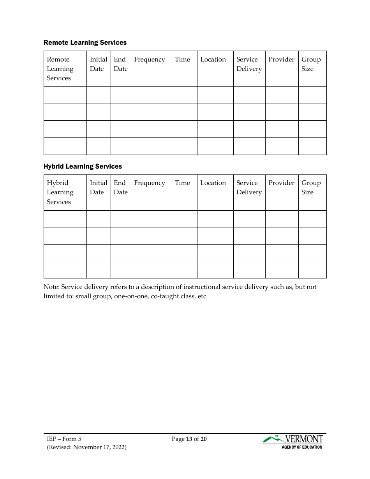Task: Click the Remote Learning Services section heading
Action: [x=85, y=42]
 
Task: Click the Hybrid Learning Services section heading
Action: [x=83, y=166]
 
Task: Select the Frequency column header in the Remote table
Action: [x=150, y=60]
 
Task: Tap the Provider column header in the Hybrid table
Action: [x=281, y=183]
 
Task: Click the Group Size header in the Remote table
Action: [x=311, y=64]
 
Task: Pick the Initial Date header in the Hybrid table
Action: [x=98, y=188]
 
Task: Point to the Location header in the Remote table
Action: [x=213, y=60]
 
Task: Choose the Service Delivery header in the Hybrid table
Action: [x=249, y=188]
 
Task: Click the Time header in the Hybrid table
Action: [x=182, y=183]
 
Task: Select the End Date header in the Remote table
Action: [x=120, y=64]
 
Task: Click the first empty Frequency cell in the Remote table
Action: [x=151, y=95]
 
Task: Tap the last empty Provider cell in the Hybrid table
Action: [x=282, y=269]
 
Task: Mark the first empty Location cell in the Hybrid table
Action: [x=215, y=219]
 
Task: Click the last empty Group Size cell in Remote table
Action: [x=312, y=146]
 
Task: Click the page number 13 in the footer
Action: [x=189, y=439]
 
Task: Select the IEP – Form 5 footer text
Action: [x=64, y=439]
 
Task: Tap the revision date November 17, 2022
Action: [x=100, y=447]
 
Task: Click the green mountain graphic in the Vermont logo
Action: [x=273, y=439]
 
